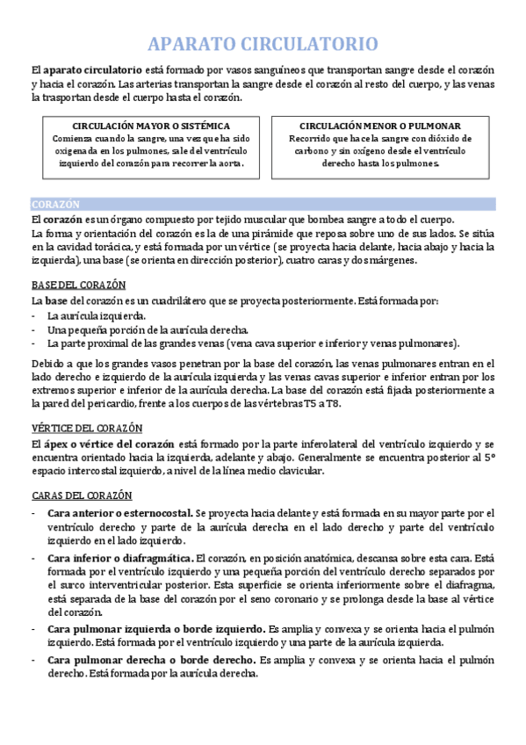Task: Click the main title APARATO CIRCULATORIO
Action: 263,44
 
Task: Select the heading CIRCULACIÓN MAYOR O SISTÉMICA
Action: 146,126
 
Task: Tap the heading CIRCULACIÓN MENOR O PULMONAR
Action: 379,126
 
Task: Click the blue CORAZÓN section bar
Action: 263,203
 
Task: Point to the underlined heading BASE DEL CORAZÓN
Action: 78,285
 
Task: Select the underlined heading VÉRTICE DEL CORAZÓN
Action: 87,428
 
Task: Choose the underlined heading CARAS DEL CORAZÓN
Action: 82,495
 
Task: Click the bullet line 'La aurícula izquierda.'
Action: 97,315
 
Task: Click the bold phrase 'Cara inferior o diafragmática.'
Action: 120,558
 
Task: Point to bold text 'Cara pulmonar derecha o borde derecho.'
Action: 146,659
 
